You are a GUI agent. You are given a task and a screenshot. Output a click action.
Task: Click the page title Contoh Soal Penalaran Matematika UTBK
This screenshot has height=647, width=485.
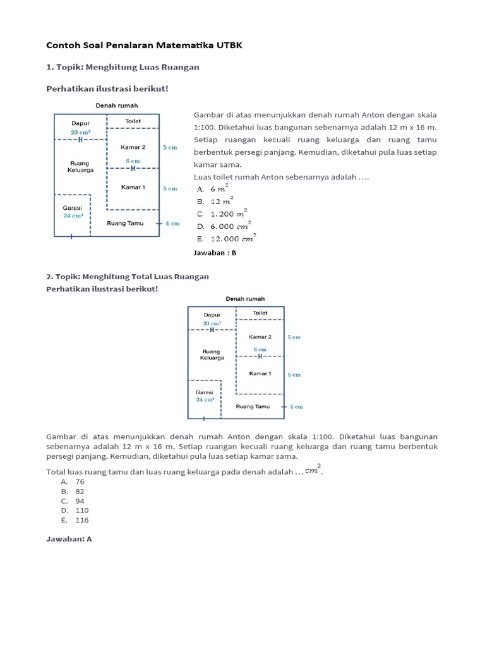[144, 45]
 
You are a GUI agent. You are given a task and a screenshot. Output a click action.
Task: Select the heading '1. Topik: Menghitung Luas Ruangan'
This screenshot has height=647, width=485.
[123, 68]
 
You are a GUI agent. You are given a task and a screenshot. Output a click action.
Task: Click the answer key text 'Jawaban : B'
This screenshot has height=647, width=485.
[214, 253]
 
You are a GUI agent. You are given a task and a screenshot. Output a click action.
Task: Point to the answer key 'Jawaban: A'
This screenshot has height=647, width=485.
[69, 540]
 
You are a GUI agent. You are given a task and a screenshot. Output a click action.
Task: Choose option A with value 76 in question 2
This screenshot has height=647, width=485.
[80, 481]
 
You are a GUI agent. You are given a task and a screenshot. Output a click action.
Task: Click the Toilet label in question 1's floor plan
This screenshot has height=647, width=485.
[133, 121]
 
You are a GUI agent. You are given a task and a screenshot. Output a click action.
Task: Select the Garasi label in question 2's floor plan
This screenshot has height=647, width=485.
[204, 392]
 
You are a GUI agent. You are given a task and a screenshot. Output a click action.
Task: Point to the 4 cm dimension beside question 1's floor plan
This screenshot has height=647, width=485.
[172, 224]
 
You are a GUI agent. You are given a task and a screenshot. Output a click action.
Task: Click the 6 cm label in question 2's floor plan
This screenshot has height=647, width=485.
[260, 349]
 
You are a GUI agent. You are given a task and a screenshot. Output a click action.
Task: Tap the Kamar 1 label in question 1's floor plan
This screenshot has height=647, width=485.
[133, 188]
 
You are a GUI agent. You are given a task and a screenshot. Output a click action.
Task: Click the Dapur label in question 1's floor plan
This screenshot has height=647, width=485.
[80, 124]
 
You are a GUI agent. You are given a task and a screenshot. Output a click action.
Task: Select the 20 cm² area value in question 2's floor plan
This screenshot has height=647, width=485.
[212, 323]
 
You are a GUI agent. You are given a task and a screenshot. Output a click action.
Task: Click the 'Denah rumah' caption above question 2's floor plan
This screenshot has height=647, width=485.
[245, 299]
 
